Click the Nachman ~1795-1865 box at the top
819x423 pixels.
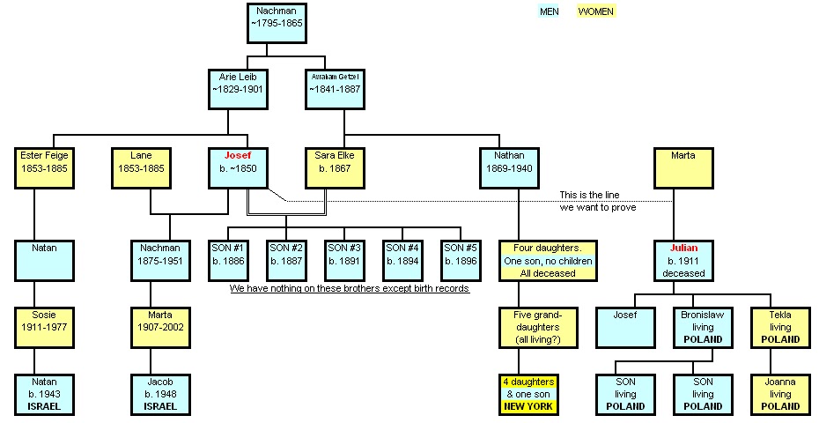pyautogui.click(x=277, y=24)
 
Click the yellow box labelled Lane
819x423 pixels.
pyautogui.click(x=142, y=167)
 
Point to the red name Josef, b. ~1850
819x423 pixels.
pyautogui.click(x=237, y=155)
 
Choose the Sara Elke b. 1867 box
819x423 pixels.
pyautogui.click(x=334, y=167)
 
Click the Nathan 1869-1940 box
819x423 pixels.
pyautogui.click(x=508, y=167)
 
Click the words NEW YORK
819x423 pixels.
pyautogui.click(x=528, y=406)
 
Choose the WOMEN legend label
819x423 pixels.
pyautogui.click(x=595, y=11)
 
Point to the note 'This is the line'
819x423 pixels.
pyautogui.click(x=596, y=195)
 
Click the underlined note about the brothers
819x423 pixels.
pyautogui.click(x=350, y=288)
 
